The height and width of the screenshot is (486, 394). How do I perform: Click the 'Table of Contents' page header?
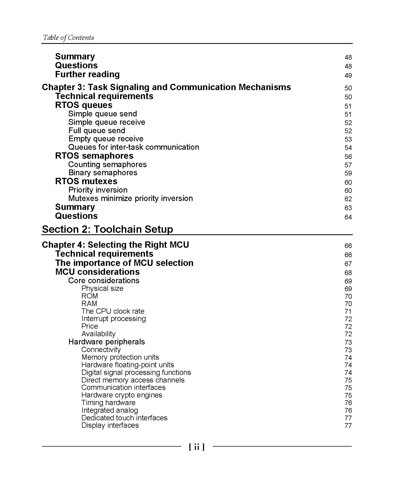click(68, 38)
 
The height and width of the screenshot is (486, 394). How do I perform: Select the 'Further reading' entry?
click(87, 74)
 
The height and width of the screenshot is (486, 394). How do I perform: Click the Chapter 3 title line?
click(166, 87)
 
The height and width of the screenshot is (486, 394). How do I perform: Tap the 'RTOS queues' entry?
click(84, 105)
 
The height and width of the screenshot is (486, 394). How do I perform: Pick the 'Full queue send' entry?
click(97, 131)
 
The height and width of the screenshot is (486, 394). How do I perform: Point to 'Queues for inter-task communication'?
click(133, 147)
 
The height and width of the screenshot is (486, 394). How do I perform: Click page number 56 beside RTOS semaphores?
click(348, 157)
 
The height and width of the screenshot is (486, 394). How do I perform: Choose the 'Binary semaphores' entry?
click(103, 173)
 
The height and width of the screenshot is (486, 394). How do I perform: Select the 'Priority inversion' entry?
click(98, 190)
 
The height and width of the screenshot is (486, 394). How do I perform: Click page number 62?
click(348, 199)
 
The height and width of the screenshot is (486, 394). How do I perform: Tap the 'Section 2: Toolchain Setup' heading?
click(107, 229)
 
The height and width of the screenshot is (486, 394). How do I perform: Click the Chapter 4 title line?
click(115, 245)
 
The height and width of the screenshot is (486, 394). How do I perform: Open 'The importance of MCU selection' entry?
click(124, 263)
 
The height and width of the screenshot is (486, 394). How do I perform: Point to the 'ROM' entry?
click(90, 296)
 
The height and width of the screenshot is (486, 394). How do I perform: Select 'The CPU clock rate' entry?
click(113, 311)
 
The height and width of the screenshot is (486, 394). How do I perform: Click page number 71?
click(348, 312)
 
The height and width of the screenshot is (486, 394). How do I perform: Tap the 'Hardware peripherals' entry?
click(106, 342)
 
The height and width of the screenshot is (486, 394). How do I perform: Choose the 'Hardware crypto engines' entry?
click(122, 395)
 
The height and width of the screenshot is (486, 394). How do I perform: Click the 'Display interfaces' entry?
click(110, 425)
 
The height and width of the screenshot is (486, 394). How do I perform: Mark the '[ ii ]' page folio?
click(197, 447)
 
